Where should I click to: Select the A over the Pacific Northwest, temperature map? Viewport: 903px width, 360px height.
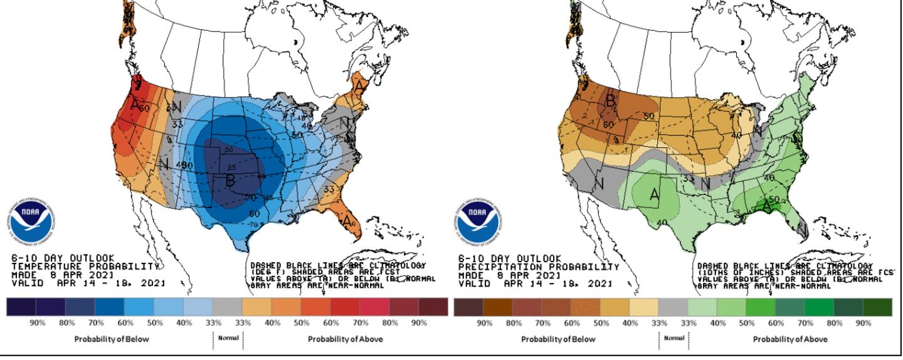pyautogui.click(x=134, y=104)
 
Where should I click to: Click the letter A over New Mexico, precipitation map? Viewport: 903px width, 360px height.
pyautogui.click(x=654, y=195)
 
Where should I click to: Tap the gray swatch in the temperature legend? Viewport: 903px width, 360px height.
pyautogui.click(x=227, y=307)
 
